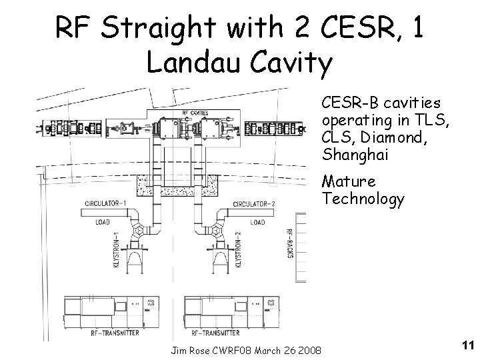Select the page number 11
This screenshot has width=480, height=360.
pos(466,345)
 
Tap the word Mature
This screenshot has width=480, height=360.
pos(348,181)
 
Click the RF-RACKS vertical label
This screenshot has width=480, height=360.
pos(289,244)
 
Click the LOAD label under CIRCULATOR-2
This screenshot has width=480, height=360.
pos(257,222)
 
